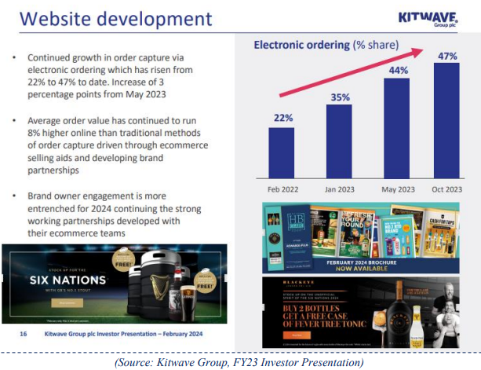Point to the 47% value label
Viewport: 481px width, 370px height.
[447, 55]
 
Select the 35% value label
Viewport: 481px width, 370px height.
[340, 98]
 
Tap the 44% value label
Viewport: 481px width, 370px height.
[397, 71]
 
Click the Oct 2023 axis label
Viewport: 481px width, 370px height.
[446, 189]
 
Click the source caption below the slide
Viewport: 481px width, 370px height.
[239, 362]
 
